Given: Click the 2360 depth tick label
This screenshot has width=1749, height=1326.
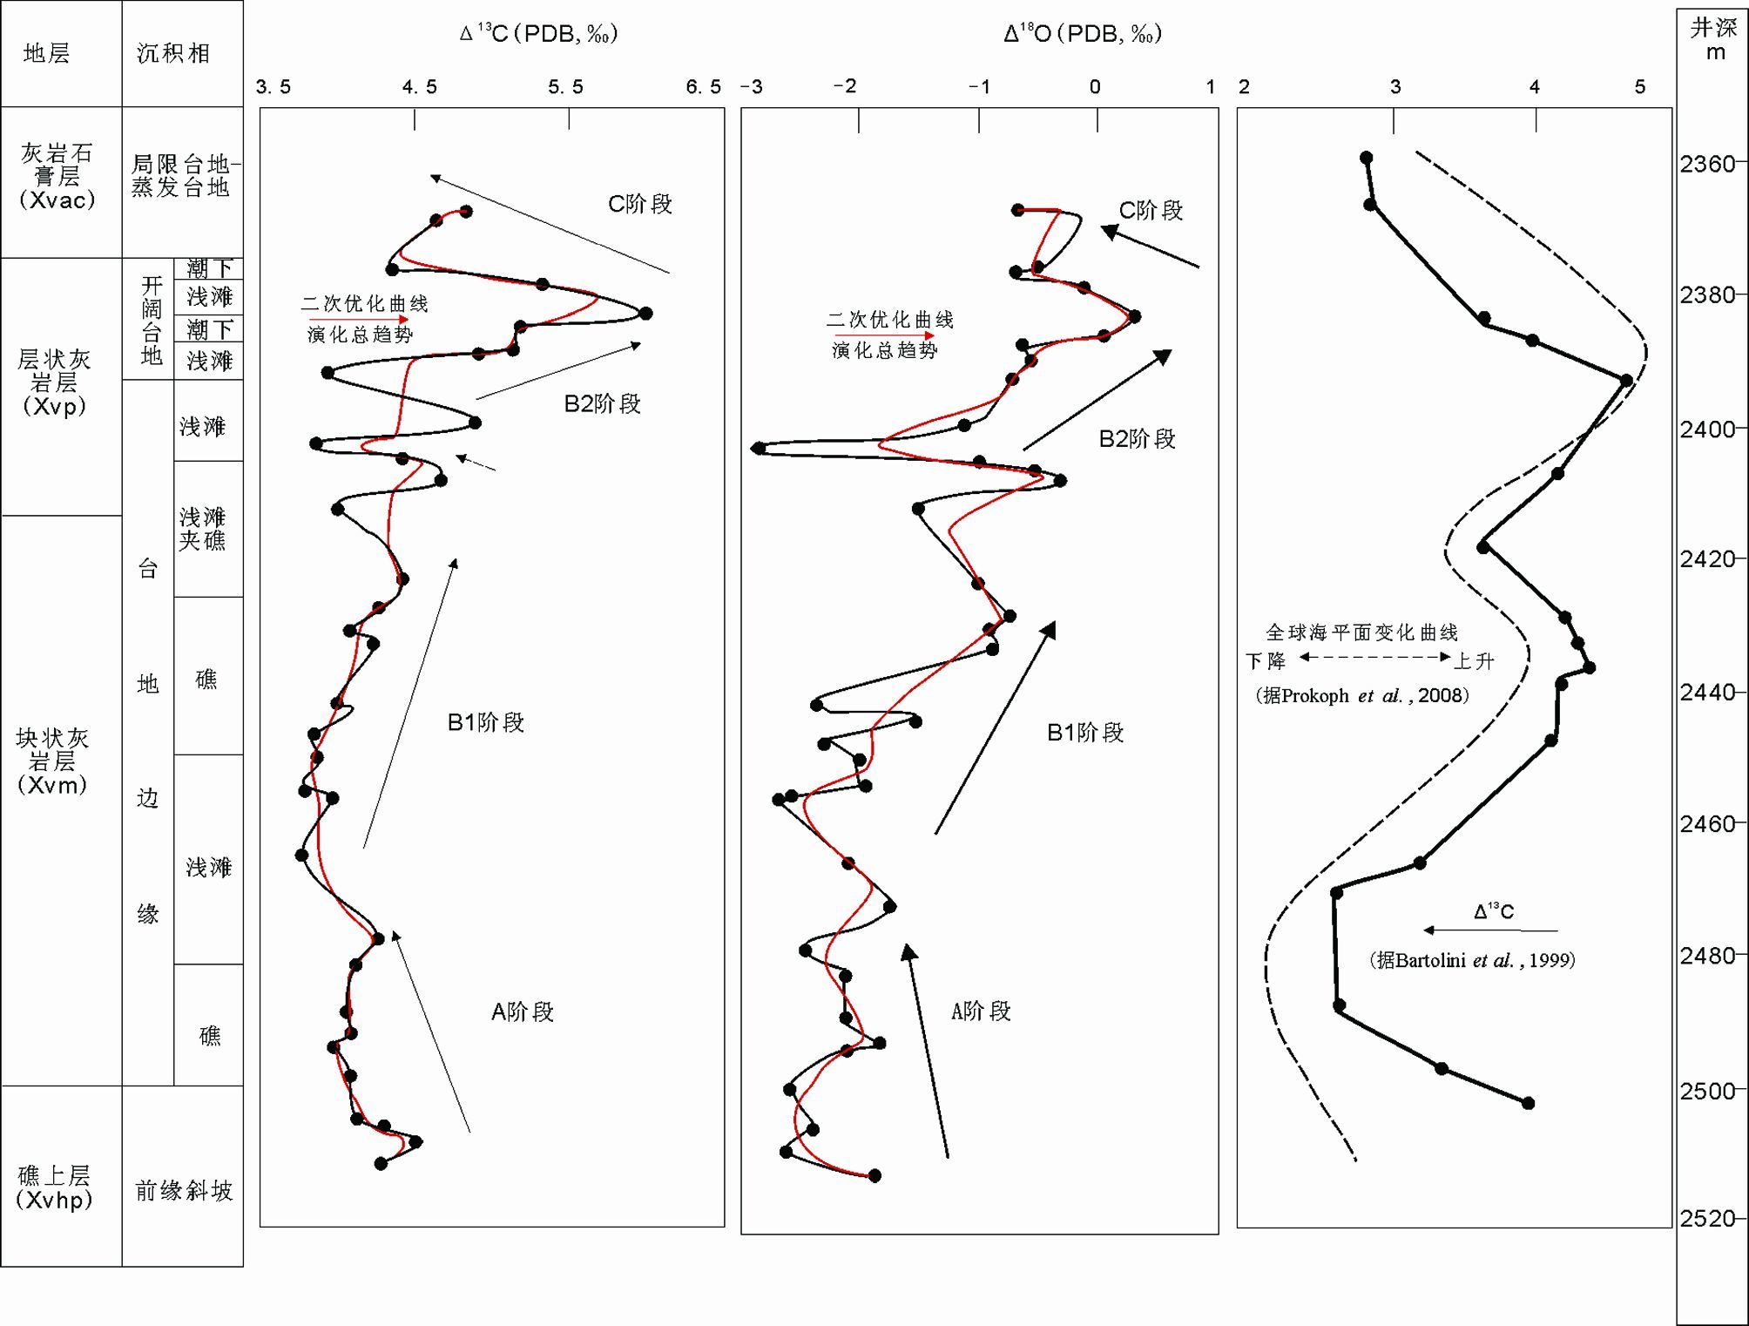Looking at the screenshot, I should (x=1706, y=164).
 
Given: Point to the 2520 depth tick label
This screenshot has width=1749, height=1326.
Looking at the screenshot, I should (x=1706, y=1219).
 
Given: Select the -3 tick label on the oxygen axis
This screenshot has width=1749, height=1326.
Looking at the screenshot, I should (x=752, y=87).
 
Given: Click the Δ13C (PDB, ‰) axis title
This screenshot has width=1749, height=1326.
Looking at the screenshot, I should (x=539, y=35).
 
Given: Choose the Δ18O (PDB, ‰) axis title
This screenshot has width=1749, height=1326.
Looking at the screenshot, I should (x=1083, y=35).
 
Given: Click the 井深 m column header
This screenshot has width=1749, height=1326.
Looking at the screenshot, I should (x=1714, y=40).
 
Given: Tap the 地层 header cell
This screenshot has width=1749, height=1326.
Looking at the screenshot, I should (x=46, y=54).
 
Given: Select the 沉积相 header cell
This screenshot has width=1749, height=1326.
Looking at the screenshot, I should (x=173, y=54).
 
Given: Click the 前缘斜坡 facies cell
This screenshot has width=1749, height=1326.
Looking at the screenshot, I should (x=184, y=1191).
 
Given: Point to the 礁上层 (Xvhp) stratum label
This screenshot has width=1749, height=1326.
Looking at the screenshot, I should (x=54, y=1187).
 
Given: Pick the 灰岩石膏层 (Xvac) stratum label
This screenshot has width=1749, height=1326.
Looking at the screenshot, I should (x=57, y=177).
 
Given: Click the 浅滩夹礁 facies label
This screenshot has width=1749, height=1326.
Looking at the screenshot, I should (x=203, y=529).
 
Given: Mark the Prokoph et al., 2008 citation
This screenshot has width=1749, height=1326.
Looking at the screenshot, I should (x=1362, y=695).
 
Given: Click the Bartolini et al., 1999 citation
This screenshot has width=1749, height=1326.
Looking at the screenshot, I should (x=1472, y=960).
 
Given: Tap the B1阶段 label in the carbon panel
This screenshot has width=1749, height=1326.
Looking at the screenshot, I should (x=485, y=722).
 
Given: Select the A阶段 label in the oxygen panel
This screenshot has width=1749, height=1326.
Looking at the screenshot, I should (x=981, y=1011).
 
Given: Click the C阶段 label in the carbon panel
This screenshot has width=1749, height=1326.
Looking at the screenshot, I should (x=640, y=204).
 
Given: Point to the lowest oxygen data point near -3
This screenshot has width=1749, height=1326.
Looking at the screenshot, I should (x=759, y=449).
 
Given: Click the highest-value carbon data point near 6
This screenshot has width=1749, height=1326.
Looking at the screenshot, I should (x=645, y=314).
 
